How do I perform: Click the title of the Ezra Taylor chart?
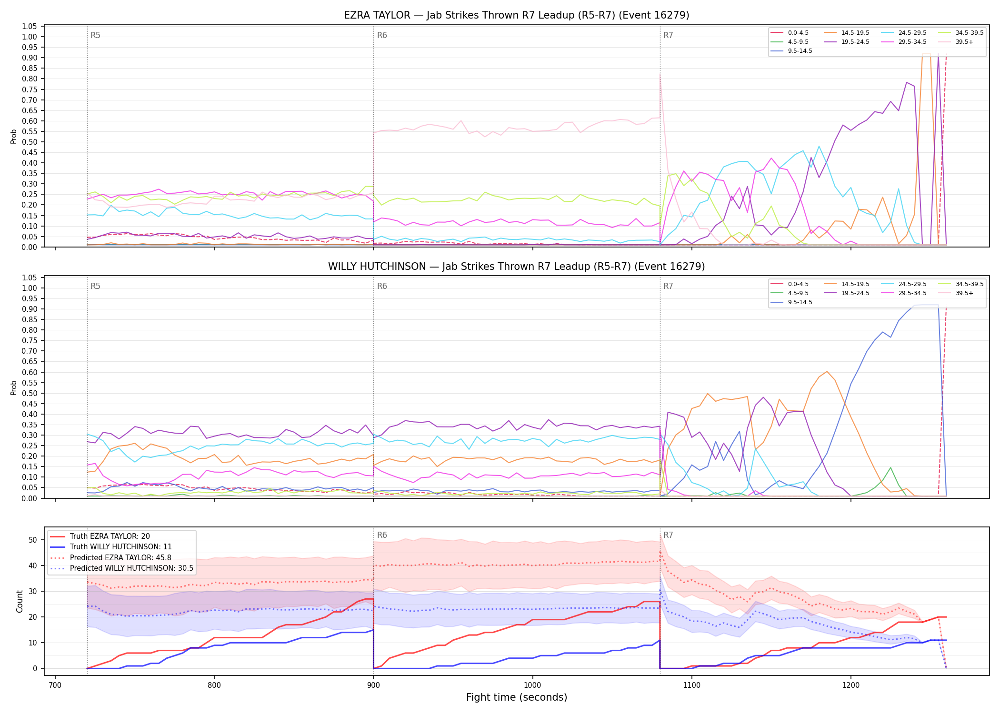click(x=517, y=15)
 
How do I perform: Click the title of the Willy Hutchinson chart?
click(x=517, y=267)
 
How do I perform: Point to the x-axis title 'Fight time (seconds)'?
click(x=517, y=697)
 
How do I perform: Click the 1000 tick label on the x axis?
click(x=532, y=685)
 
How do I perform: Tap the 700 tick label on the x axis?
click(x=55, y=685)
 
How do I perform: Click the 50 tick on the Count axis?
click(x=33, y=540)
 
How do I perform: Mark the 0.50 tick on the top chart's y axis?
click(x=30, y=142)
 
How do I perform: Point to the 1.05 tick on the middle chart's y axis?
click(x=30, y=278)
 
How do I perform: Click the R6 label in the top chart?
click(x=382, y=35)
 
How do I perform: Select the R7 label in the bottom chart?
click(x=668, y=535)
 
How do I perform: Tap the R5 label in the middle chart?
click(x=95, y=286)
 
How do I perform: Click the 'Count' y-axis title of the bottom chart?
click(x=20, y=601)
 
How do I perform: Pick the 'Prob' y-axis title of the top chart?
click(x=14, y=136)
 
